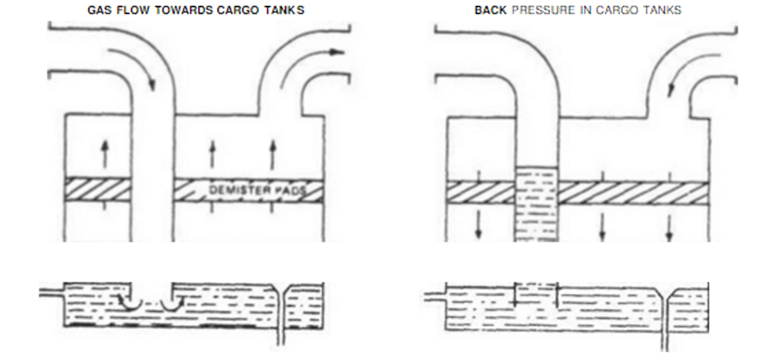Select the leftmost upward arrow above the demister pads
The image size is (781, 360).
(104, 153)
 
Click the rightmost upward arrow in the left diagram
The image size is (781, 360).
(272, 153)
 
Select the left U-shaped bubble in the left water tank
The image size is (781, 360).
(131, 302)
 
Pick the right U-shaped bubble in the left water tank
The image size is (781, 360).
(168, 302)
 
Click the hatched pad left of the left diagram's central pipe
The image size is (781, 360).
(98, 189)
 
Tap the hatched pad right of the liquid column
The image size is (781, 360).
(632, 192)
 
